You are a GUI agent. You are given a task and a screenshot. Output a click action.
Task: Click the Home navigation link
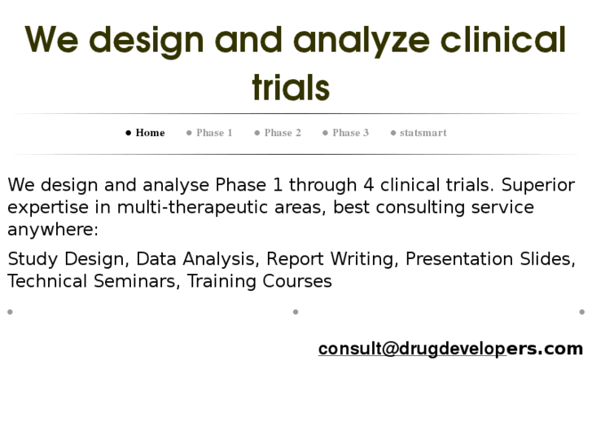coord(150,133)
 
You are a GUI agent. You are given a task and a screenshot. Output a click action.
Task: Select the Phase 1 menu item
coord(214,133)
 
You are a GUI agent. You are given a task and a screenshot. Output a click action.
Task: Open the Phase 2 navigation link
coord(283,133)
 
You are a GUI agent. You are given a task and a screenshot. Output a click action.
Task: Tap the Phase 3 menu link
coord(350,133)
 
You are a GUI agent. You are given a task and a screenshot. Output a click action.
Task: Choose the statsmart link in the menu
coord(423,133)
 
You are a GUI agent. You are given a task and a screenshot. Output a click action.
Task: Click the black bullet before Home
coord(129,133)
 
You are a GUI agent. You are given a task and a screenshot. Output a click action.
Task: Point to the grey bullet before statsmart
coord(393,133)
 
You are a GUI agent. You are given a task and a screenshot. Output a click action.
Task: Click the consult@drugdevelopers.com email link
coord(450,349)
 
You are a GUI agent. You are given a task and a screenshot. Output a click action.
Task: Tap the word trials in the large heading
coord(291,87)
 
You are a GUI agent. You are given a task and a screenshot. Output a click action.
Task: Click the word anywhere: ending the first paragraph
coord(53,229)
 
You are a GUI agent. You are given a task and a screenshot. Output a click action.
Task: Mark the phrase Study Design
coord(66,259)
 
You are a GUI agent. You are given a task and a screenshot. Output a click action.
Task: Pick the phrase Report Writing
coord(331,259)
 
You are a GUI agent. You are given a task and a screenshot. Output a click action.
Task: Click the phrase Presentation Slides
coord(489,259)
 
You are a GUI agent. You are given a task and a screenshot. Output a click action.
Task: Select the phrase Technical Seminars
coord(93,281)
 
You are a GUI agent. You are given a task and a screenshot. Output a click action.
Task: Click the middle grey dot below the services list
coord(296,311)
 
